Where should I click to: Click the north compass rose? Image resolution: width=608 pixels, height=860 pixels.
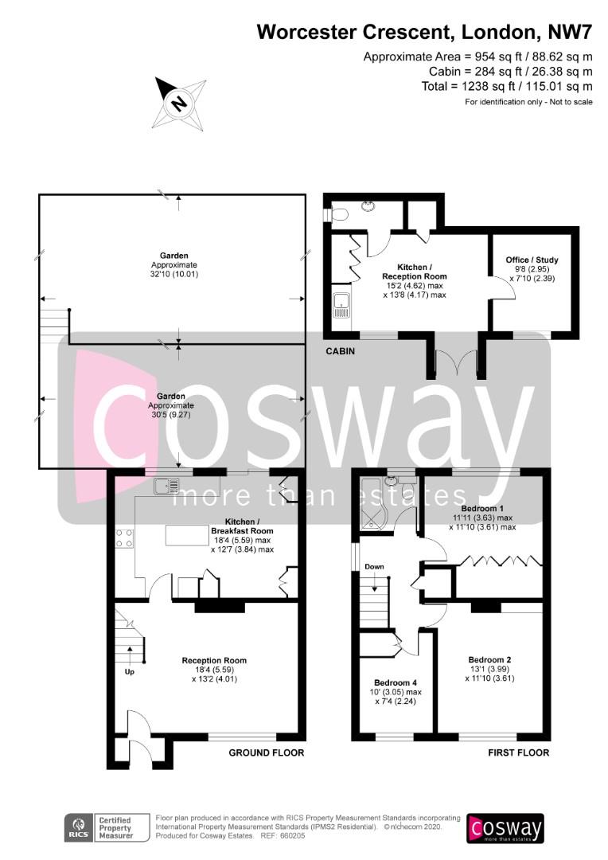179,103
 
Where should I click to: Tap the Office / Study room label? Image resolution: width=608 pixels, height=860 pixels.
532,260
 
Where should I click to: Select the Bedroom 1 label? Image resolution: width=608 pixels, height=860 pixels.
482,508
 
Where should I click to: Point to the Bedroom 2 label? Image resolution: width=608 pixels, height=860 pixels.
489,660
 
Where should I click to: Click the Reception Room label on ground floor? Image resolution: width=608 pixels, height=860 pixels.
214,660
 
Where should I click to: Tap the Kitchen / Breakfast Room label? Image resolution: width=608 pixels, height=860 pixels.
241,526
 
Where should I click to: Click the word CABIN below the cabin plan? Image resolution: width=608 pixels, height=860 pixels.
340,351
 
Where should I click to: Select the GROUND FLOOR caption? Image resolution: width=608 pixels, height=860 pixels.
267,752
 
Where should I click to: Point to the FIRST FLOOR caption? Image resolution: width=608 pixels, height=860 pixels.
519,752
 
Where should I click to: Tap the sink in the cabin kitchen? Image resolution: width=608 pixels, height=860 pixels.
341,306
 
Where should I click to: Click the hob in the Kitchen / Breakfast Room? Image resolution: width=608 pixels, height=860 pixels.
124,538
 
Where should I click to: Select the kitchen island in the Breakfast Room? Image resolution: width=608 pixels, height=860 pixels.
187,535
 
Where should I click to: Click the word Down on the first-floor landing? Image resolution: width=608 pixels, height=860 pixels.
375,567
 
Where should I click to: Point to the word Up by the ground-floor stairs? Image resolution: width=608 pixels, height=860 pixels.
130,671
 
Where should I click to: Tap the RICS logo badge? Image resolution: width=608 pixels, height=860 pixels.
79,828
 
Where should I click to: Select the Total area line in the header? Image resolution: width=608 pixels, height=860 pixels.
507,86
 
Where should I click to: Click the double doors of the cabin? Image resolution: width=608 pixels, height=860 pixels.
455,363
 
